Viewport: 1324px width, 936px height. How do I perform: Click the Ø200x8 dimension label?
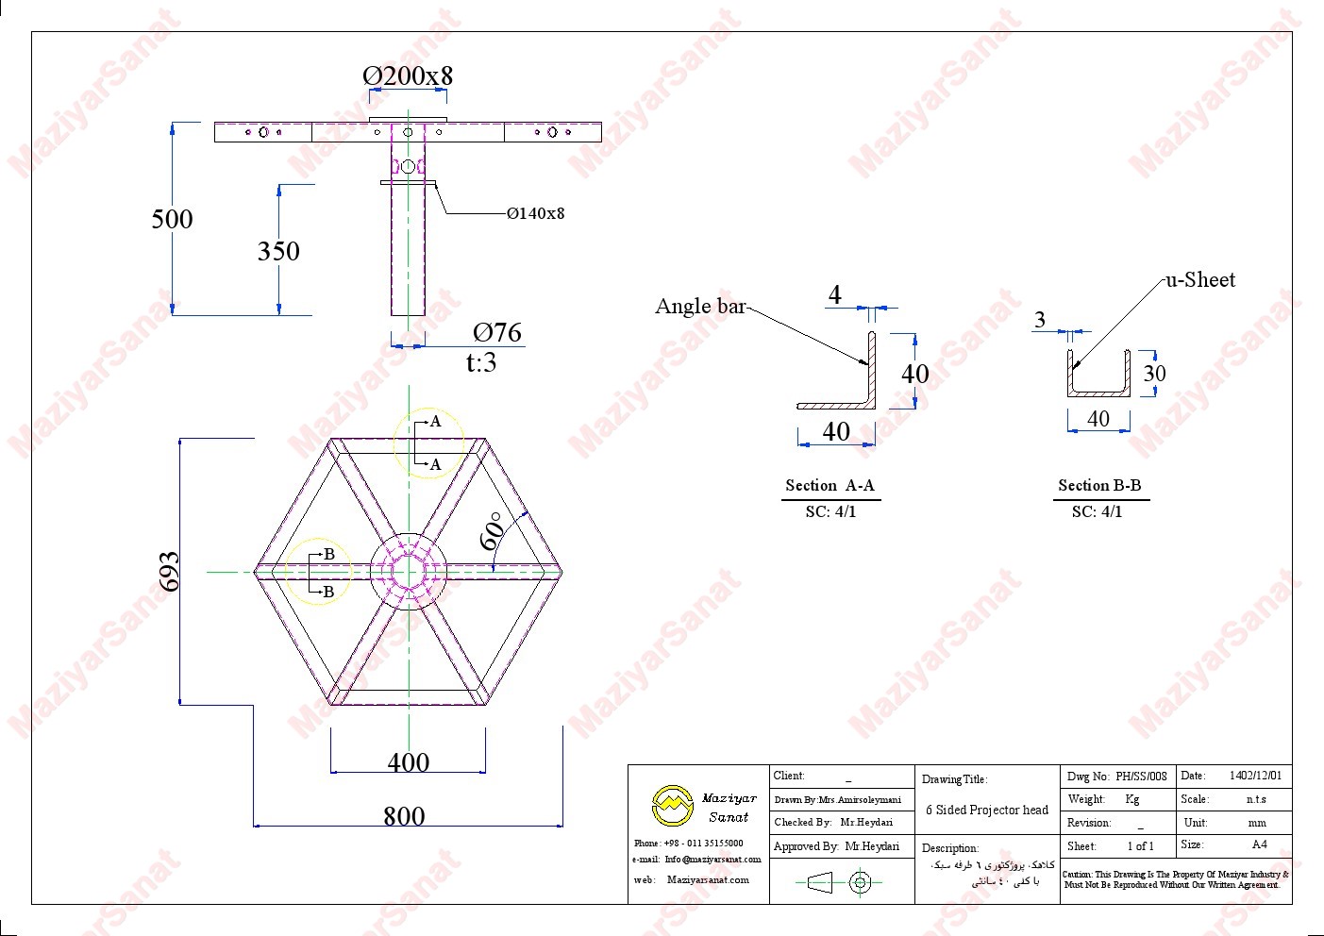coord(408,75)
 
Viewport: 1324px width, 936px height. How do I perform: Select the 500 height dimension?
coord(172,219)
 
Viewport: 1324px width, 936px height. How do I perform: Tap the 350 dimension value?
coord(278,251)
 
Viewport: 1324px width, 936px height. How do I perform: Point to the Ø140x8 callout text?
coord(535,213)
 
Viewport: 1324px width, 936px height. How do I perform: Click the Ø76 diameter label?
coord(497,332)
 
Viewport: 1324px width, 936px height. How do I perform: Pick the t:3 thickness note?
coord(481,362)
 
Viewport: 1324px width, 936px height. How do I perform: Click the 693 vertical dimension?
coord(170,572)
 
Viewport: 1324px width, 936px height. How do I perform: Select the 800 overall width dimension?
coord(404,816)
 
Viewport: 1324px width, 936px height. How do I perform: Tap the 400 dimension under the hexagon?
coord(408,762)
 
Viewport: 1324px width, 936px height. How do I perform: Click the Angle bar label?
coord(700,306)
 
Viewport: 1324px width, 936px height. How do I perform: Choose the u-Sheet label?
coord(1200,279)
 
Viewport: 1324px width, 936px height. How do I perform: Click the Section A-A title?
coord(830,486)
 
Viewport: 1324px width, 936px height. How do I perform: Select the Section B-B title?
coord(1099,486)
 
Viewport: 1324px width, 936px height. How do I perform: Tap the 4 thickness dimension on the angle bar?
coord(834,295)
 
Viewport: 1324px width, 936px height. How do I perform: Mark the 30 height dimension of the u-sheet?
coord(1154,374)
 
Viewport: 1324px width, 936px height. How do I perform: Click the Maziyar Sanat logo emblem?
coord(672,806)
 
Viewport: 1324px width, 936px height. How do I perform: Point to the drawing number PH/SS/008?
coord(1141,777)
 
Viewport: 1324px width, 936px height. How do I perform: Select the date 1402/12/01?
coord(1255,776)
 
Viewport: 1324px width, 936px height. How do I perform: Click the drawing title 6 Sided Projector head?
coord(986,810)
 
